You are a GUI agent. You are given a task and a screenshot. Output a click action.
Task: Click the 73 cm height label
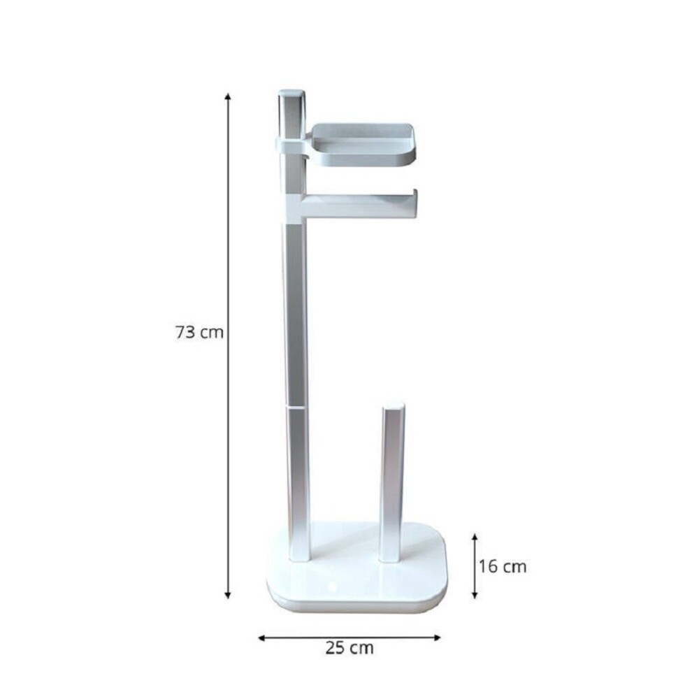coord(199,332)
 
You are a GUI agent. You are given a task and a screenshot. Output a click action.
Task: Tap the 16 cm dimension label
coord(503,567)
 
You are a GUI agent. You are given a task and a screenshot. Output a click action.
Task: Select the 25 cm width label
coord(349,648)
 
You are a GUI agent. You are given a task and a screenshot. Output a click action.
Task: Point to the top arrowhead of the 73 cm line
coord(228,96)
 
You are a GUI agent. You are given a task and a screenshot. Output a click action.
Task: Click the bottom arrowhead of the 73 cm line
coord(228,595)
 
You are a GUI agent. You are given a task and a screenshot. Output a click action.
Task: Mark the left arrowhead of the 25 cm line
coord(262,638)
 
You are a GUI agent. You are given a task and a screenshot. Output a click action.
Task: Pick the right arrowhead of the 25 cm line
coord(437,638)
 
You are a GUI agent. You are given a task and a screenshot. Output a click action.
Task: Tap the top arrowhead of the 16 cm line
coord(475,537)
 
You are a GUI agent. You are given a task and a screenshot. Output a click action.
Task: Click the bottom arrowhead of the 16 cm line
coord(475,595)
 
